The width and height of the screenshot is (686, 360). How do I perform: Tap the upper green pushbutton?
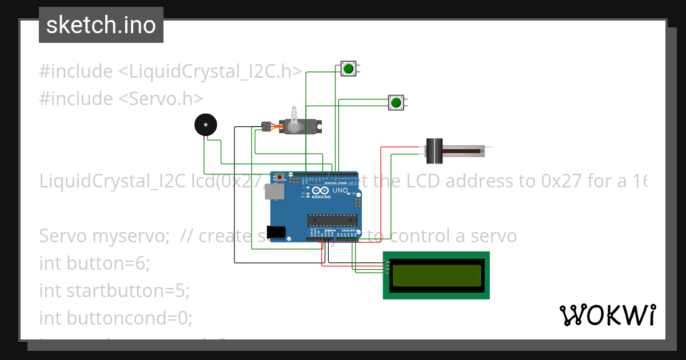point(348,69)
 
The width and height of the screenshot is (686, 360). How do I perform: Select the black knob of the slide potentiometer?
point(435,151)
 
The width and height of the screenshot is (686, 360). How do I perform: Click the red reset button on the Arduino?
point(280,178)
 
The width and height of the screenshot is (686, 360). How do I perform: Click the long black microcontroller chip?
point(332,219)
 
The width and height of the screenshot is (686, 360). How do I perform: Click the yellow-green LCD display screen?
point(436,275)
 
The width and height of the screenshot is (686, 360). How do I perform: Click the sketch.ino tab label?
point(101,25)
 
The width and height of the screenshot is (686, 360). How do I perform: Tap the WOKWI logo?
point(607,315)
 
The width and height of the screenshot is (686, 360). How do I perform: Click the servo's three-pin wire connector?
point(266,126)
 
